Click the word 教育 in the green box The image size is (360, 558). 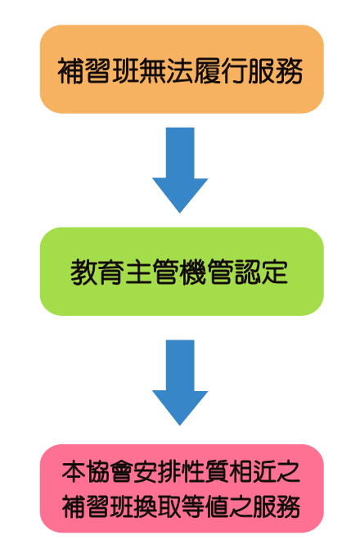97,272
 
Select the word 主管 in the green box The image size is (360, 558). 152,272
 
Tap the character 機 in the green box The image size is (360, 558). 193,272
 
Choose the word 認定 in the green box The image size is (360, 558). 261,272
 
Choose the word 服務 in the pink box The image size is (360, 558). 277,506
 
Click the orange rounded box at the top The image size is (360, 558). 182,69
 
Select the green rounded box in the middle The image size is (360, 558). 182,272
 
